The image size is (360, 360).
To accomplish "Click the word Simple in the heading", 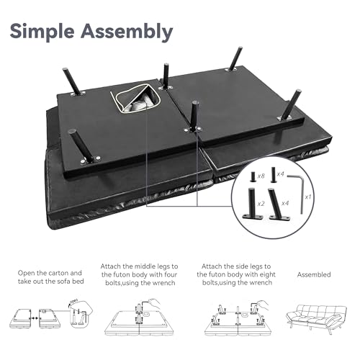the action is (42, 32).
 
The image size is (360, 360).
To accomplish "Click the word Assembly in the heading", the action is (127, 31).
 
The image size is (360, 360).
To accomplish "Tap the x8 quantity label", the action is (261, 176).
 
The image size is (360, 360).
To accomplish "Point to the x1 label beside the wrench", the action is (308, 197).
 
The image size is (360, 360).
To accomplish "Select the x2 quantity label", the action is (261, 204).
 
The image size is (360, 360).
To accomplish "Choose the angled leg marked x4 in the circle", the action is (278, 204).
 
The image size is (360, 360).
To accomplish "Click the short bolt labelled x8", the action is (253, 176).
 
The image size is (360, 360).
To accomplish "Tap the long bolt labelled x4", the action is (274, 174).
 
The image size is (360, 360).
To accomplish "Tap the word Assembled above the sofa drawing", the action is (314, 274).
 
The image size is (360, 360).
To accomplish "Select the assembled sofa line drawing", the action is (316, 318).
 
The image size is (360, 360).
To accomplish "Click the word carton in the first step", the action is (58, 273).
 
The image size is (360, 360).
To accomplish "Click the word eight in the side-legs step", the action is (267, 274).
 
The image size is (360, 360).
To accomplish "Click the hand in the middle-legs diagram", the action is (153, 305).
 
